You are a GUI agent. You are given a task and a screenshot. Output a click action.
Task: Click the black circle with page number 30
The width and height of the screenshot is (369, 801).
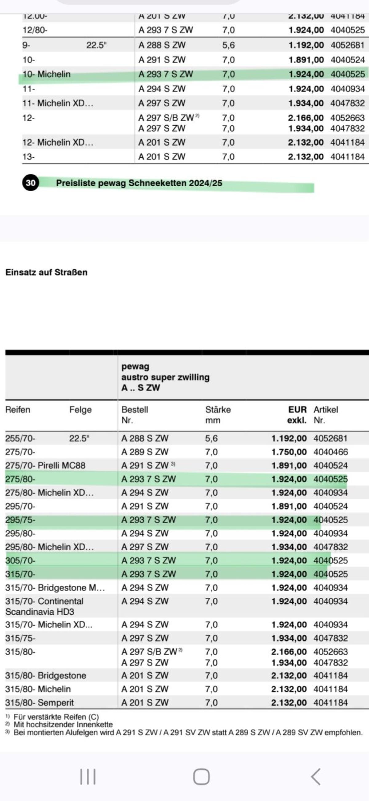pyautogui.click(x=30, y=183)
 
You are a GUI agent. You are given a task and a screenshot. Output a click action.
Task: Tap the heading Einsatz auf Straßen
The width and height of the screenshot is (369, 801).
pyautogui.click(x=46, y=273)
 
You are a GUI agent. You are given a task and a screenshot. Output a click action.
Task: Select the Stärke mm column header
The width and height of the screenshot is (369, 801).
pyautogui.click(x=218, y=415)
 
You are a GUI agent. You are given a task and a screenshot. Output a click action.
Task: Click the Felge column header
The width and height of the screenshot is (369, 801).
pyautogui.click(x=81, y=410)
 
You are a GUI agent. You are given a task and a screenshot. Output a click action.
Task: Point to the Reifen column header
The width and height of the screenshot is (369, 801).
pyautogui.click(x=18, y=410)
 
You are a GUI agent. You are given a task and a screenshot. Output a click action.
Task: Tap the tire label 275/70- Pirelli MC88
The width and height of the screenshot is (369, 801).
pyautogui.click(x=45, y=466)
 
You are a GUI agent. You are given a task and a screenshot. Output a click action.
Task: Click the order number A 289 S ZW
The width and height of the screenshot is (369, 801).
pyautogui.click(x=145, y=452)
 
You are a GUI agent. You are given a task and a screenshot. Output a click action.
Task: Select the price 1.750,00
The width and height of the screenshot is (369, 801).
pyautogui.click(x=289, y=452)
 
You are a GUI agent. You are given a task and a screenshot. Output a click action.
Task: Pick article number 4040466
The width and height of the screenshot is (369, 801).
pyautogui.click(x=331, y=452)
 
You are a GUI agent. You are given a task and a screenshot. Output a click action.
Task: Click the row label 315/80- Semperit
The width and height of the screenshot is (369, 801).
pyautogui.click(x=39, y=702)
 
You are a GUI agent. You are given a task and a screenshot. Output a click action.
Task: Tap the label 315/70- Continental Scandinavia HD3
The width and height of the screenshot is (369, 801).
pyautogui.click(x=44, y=606)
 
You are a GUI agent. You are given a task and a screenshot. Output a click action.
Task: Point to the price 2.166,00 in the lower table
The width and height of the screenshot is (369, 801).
pyautogui.click(x=289, y=651)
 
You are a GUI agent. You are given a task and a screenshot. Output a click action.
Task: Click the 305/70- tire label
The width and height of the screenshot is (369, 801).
pyautogui.click(x=20, y=560)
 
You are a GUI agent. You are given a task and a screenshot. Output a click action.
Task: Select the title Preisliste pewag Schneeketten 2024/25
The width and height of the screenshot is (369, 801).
pyautogui.click(x=139, y=183)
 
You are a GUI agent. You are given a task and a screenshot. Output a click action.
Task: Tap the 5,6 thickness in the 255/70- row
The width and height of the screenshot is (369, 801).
pyautogui.click(x=211, y=439)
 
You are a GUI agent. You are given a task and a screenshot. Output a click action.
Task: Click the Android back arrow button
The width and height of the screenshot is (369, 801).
pyautogui.click(x=315, y=776)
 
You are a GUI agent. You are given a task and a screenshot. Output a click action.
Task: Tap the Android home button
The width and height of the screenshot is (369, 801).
pyautogui.click(x=201, y=776)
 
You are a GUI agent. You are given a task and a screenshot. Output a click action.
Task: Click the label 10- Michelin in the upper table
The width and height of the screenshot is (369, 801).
pyautogui.click(x=46, y=74)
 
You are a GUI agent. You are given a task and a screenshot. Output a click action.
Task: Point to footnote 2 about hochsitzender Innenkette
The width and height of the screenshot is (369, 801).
pyautogui.click(x=62, y=725)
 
